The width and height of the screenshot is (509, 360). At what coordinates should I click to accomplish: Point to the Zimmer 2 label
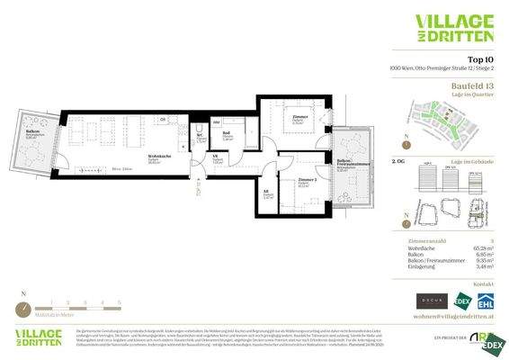point(308,181)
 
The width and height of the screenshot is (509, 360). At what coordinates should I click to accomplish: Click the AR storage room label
point(267,191)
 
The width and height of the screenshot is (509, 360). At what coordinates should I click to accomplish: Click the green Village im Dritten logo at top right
point(454,27)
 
